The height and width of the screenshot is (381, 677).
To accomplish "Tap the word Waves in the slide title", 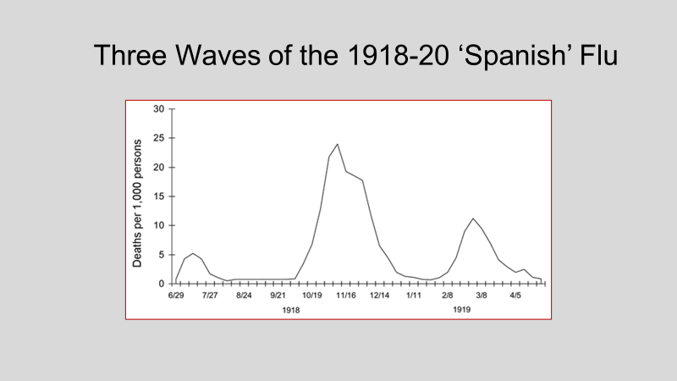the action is (x=217, y=55).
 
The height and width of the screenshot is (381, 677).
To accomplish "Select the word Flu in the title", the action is (x=599, y=55).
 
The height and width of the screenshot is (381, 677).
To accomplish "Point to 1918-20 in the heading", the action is (x=398, y=55).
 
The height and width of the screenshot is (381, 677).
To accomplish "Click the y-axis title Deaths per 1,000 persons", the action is (x=137, y=203).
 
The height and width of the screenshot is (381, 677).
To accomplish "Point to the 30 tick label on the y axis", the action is (x=158, y=109).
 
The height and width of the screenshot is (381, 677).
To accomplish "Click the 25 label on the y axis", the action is (x=158, y=138).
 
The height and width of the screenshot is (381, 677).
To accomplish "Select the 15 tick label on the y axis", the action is (x=158, y=196).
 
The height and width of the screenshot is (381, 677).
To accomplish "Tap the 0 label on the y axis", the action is (x=162, y=284).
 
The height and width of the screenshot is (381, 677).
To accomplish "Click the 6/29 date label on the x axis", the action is (x=176, y=295).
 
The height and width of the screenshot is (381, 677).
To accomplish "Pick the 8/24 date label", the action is (x=244, y=295).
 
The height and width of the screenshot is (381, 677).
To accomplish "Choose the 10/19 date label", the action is (x=311, y=295).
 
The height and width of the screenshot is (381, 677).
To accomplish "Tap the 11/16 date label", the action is (x=346, y=295).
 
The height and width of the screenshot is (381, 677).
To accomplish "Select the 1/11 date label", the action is (x=414, y=295).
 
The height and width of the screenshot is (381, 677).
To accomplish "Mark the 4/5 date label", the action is (x=515, y=295).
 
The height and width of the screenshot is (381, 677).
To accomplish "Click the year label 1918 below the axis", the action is (x=291, y=310).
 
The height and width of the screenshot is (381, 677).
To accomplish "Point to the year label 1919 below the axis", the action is (x=461, y=310).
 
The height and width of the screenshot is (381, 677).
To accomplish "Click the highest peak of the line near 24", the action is (x=337, y=144).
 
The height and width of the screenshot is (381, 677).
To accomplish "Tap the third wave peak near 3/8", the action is (x=473, y=218).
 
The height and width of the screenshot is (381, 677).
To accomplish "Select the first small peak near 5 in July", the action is (x=193, y=253).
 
